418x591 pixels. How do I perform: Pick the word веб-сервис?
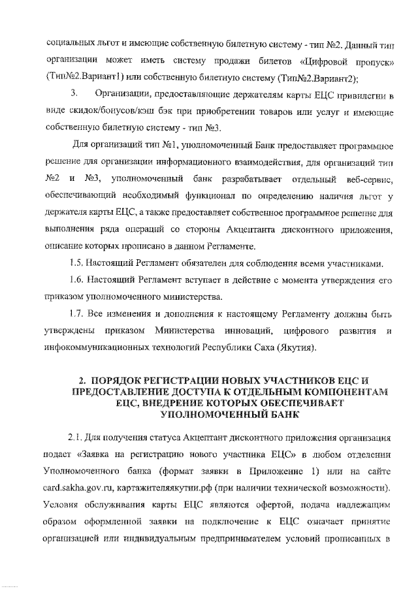click(367, 178)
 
